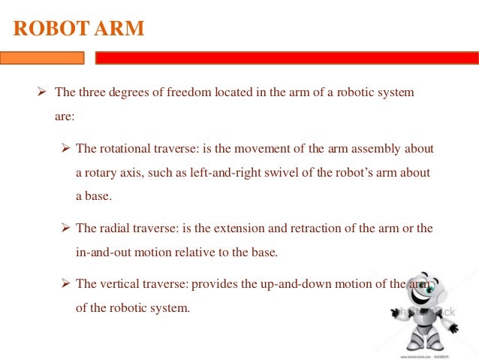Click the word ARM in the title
coord(119,29)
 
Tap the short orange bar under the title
coord(42,58)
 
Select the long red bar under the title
coord(286,58)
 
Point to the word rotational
coord(124,147)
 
